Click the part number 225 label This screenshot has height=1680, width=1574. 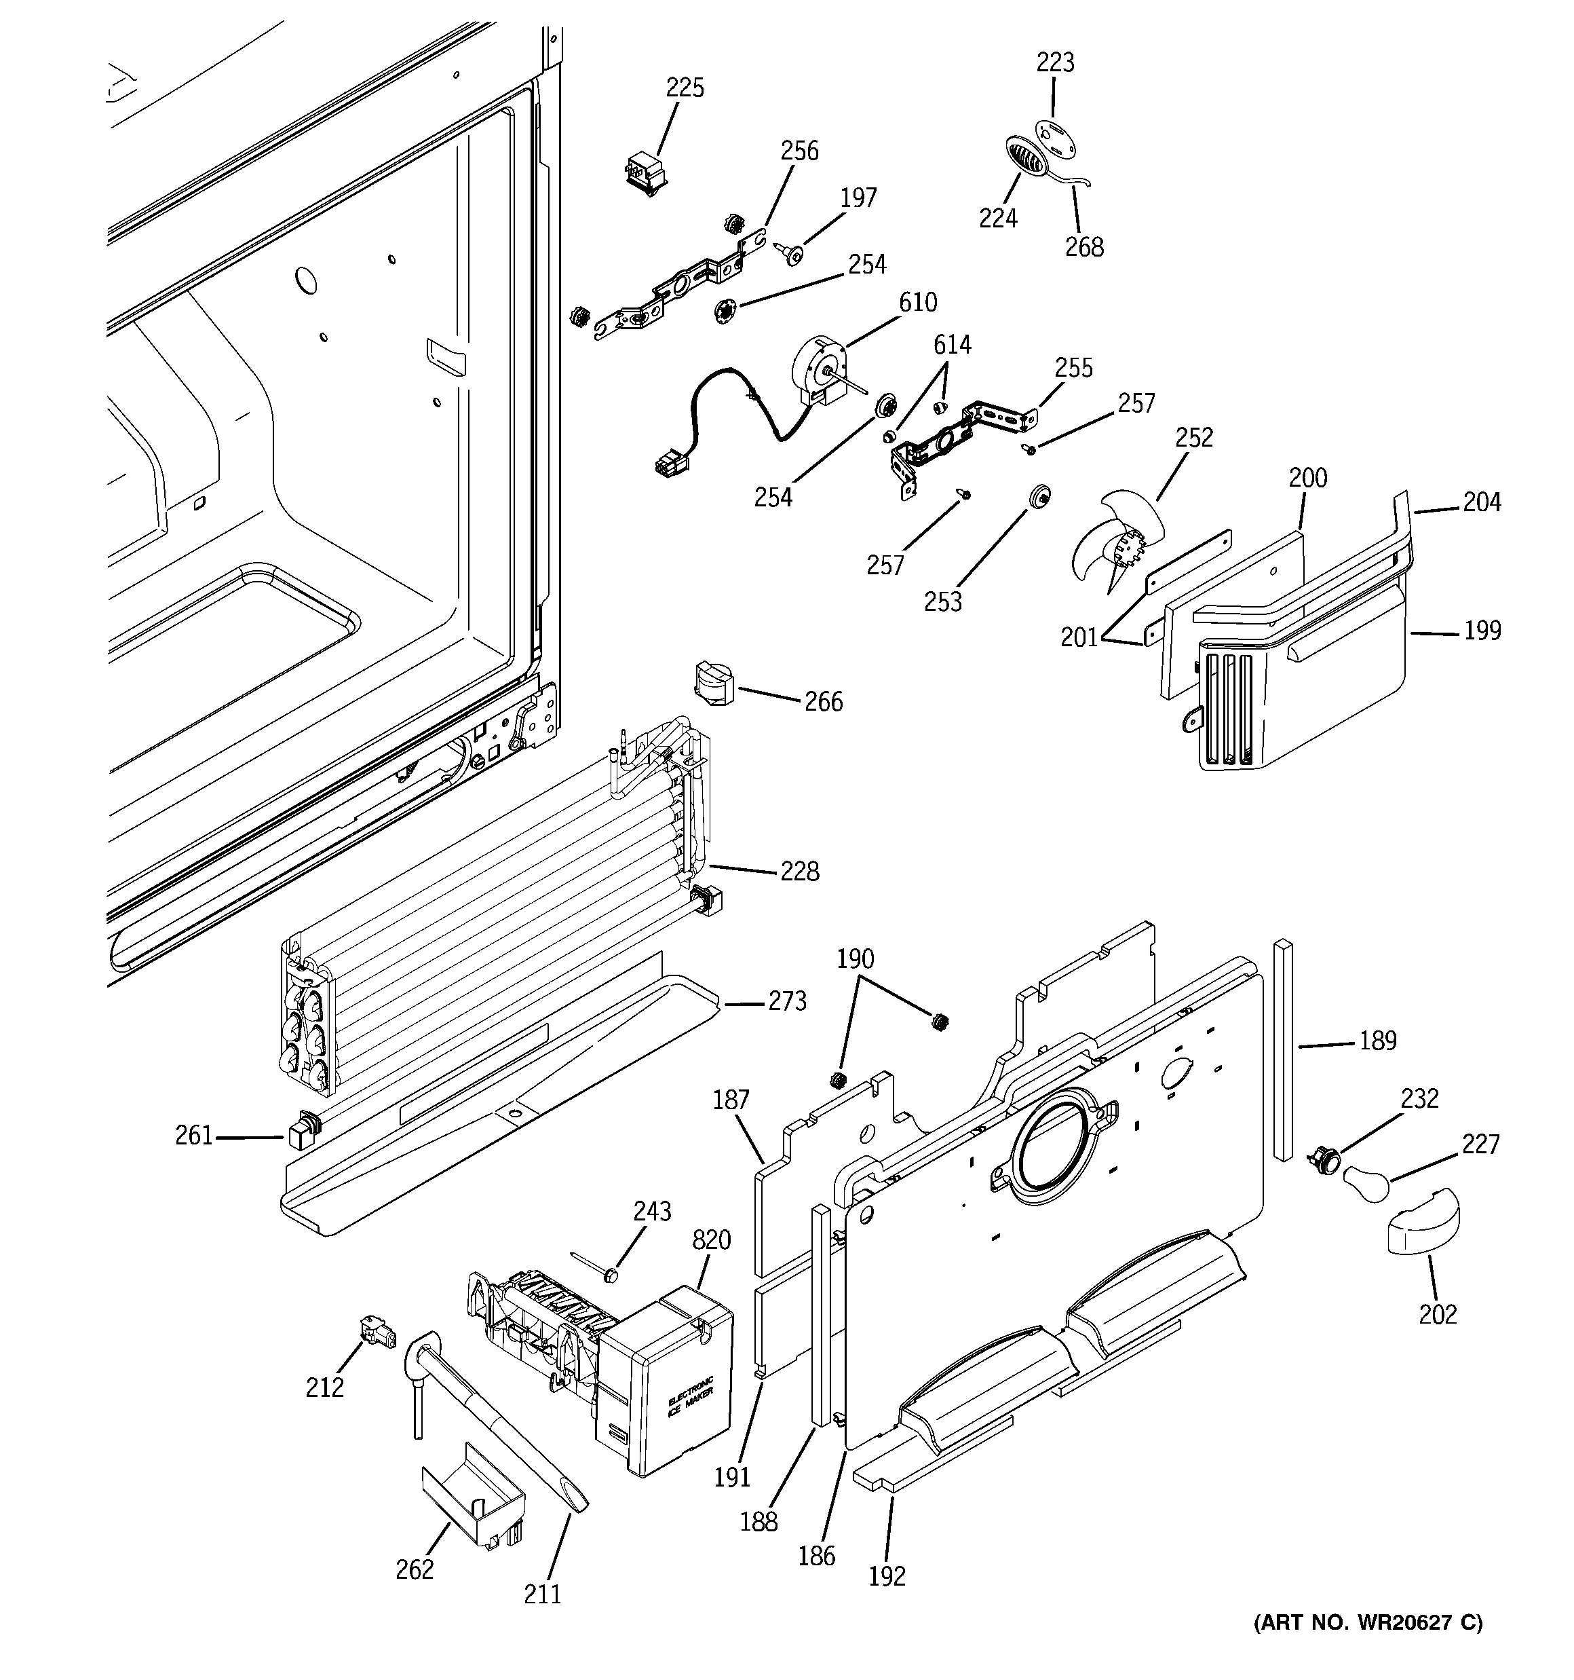685,88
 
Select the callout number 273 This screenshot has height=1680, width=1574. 786,1001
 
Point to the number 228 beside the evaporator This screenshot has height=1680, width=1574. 799,872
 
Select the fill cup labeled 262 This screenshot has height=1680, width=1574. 473,1497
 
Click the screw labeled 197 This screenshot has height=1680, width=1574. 792,251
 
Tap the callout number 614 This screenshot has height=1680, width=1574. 951,345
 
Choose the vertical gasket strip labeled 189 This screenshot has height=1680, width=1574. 1284,1049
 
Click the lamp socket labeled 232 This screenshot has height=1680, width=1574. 1322,1159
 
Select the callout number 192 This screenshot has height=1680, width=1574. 886,1576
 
